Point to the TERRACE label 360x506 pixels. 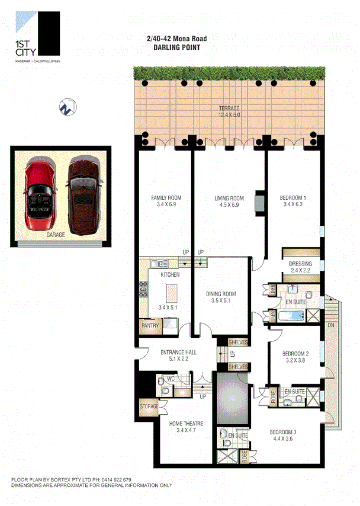pyautogui.click(x=229, y=108)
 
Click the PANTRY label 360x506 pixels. pyautogui.click(x=149, y=325)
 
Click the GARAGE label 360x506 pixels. pyautogui.click(x=56, y=235)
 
